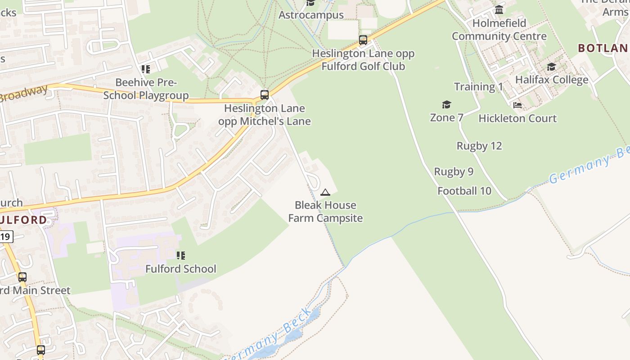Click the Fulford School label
click(180, 269)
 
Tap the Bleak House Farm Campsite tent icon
click(325, 193)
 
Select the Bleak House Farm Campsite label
click(325, 211)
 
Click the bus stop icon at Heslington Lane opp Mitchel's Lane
click(265, 95)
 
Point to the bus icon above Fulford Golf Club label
click(363, 40)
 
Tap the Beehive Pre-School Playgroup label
click(146, 89)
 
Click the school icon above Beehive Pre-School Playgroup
click(145, 69)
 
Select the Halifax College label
click(552, 80)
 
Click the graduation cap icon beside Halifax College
click(551, 67)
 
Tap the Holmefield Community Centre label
click(499, 29)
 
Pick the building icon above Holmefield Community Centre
click(499, 9)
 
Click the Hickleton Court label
click(517, 118)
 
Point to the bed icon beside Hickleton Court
click(517, 105)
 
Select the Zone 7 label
click(446, 117)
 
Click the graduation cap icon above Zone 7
click(446, 105)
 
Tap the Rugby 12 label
click(479, 146)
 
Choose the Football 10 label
click(464, 191)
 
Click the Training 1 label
click(478, 87)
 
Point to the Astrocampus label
click(311, 15)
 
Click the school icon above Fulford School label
click(181, 256)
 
